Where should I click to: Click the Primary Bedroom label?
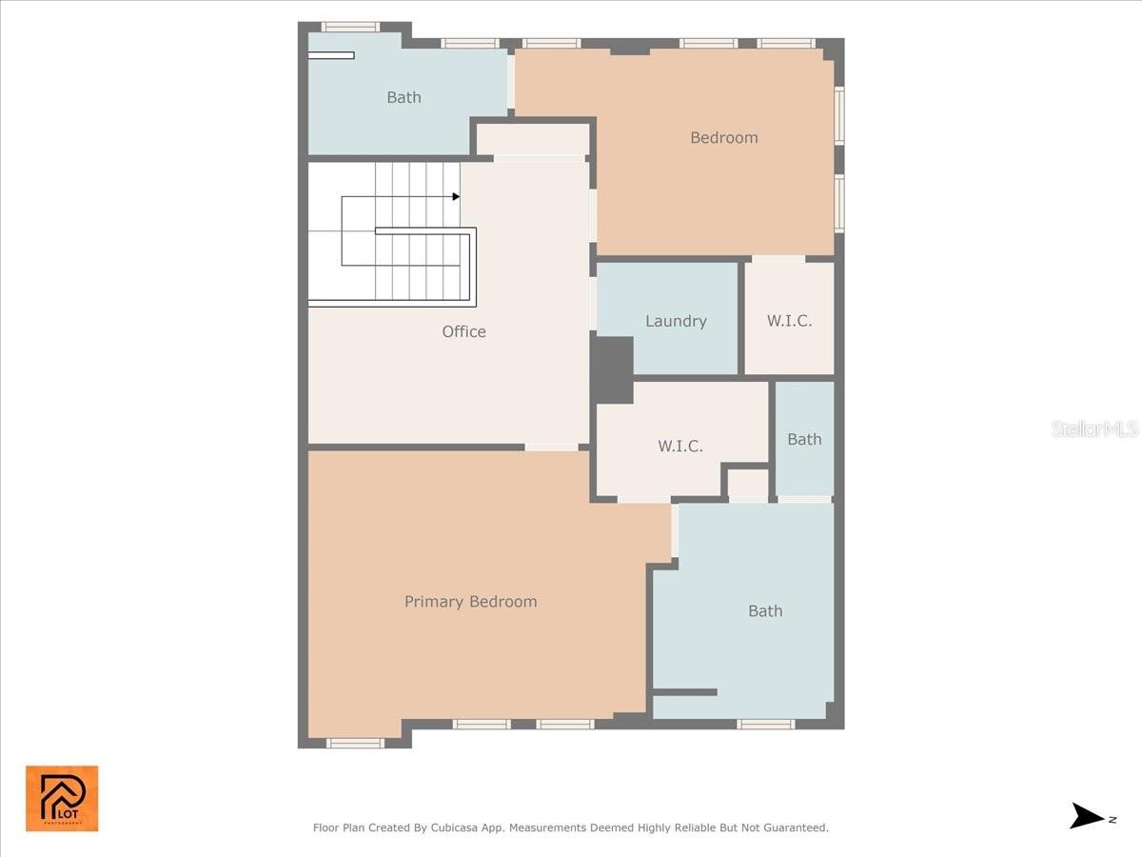(x=470, y=602)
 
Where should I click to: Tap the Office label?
(x=463, y=331)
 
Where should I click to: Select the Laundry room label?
(x=676, y=321)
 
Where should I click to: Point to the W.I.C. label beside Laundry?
(x=789, y=321)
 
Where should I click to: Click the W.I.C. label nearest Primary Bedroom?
(x=680, y=446)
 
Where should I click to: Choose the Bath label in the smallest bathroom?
(x=804, y=439)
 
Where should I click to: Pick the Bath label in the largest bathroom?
(x=765, y=611)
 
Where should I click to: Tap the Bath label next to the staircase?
(x=404, y=97)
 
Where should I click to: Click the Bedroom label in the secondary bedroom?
(x=723, y=137)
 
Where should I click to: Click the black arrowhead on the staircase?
(x=456, y=197)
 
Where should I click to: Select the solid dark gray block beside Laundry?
(x=613, y=369)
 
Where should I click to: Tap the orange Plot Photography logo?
(x=62, y=798)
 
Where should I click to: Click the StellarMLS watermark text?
(x=1094, y=429)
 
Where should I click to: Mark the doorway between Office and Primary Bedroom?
(x=551, y=447)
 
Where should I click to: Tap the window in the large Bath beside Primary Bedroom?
(x=765, y=724)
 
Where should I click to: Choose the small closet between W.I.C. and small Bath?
(x=748, y=484)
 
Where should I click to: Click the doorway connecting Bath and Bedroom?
(x=511, y=82)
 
